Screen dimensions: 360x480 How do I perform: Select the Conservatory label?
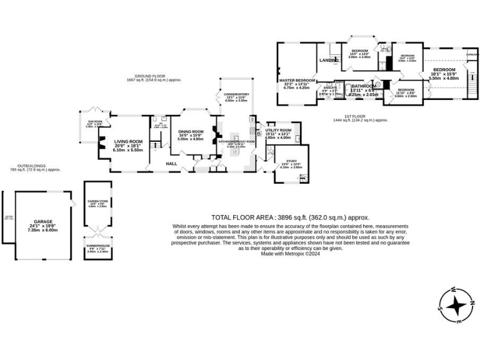click(236, 94)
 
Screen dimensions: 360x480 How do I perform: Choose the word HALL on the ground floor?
click(172, 164)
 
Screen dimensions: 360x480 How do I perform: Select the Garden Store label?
click(97, 201)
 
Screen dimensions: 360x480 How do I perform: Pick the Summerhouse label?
click(97, 246)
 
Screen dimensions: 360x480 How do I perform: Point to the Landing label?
click(329, 61)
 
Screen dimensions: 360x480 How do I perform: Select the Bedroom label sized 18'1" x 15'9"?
click(445, 69)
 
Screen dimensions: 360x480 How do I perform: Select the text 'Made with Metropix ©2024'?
click(290, 253)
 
